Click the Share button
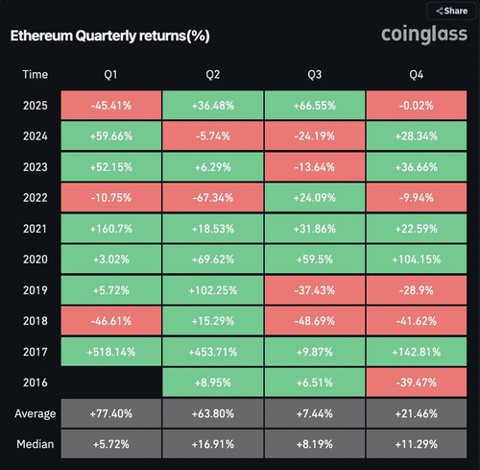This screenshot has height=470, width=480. pos(451,11)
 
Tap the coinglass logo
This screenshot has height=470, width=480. pos(424,35)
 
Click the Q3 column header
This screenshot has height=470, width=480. pos(315,75)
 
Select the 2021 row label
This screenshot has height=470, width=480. pos(35,229)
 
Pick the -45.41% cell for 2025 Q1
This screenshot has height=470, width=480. pos(111,106)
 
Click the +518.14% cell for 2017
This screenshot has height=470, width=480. pos(111,352)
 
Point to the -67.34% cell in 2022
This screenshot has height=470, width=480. pos(213,198)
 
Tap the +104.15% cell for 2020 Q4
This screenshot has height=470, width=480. pos(417,260)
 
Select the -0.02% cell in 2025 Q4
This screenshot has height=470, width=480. pos(417,106)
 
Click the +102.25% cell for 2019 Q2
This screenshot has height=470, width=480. pos(213,290)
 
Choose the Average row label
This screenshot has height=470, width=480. pos(35,413)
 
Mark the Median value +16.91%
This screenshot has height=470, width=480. pos(213,444)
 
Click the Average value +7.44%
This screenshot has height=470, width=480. pos(315,413)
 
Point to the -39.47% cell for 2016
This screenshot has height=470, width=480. pos(417,383)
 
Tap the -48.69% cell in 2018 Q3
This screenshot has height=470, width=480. pos(315,321)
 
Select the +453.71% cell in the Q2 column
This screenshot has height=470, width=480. pos(213,352)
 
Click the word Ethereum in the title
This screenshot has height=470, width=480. pos(41,36)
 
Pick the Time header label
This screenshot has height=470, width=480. pos(35,75)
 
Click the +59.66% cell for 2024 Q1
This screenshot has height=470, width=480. pos(111,136)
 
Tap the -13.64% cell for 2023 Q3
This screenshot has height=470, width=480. pos(315,167)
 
